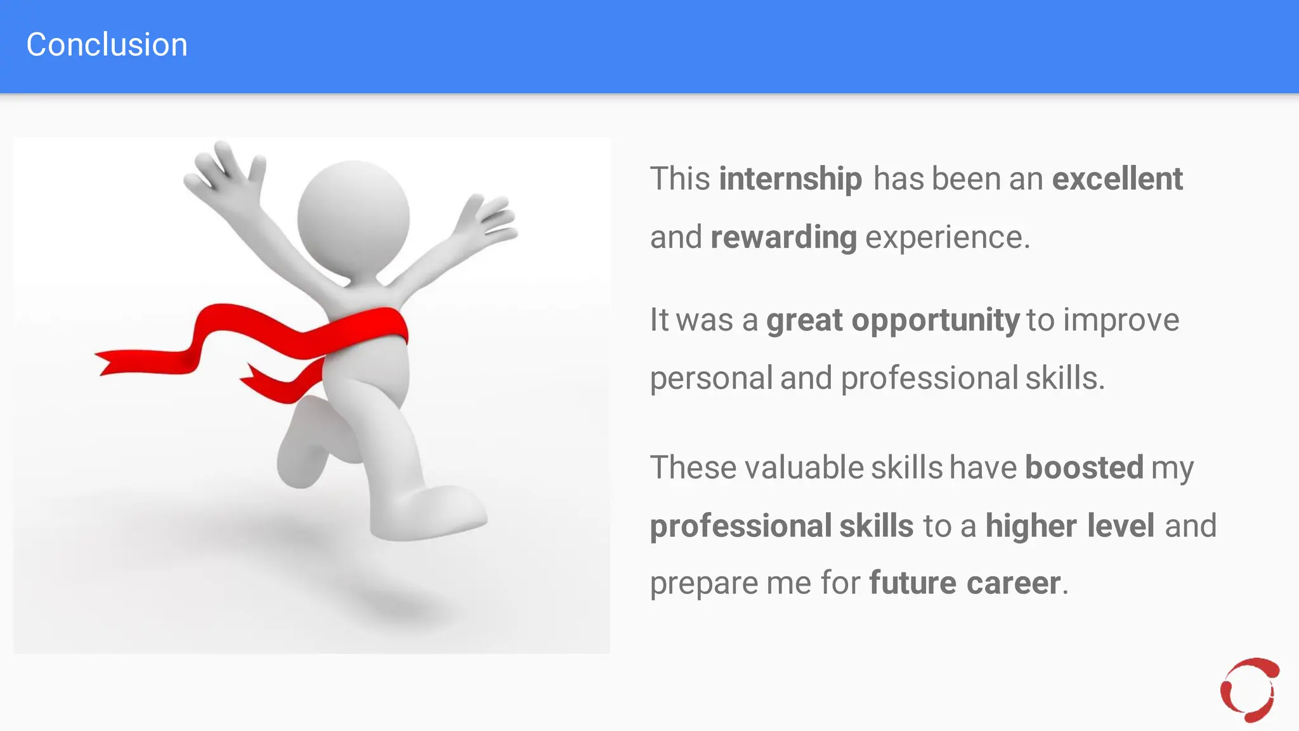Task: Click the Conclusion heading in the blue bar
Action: (107, 45)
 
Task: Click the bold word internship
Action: (790, 179)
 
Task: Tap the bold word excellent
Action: (1117, 179)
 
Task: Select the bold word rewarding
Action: (783, 238)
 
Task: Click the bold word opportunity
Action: (935, 320)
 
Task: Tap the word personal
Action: (711, 379)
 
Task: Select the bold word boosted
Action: (1084, 468)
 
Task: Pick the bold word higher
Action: (1031, 526)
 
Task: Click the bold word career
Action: (1013, 583)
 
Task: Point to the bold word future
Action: (912, 583)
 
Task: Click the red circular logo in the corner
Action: (1249, 690)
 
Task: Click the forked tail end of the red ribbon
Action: (108, 362)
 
